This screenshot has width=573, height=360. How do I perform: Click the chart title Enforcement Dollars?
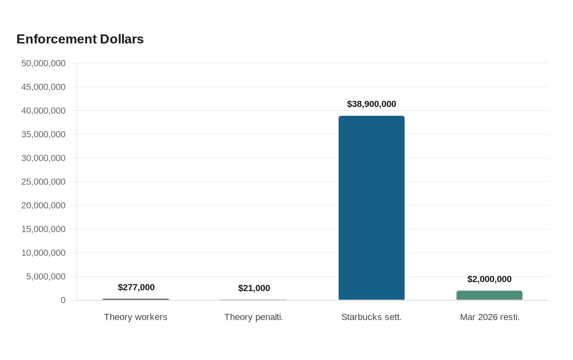click(x=80, y=39)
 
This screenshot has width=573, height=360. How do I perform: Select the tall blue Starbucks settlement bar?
click(x=372, y=208)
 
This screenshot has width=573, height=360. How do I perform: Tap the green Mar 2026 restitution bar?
click(x=490, y=295)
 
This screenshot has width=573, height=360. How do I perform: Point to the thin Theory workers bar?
click(x=136, y=299)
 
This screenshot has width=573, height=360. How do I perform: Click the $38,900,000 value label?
click(x=372, y=104)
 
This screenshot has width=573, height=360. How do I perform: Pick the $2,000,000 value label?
click(x=490, y=279)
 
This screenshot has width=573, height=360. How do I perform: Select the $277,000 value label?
click(x=136, y=287)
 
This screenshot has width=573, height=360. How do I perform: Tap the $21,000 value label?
click(x=254, y=288)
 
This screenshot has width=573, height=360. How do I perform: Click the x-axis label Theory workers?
click(x=135, y=317)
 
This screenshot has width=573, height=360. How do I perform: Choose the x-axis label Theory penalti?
click(x=254, y=317)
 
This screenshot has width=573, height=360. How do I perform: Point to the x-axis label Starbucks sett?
click(x=372, y=317)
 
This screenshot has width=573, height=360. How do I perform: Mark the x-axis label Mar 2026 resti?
click(x=490, y=317)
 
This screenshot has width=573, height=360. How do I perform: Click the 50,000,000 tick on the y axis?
click(x=43, y=63)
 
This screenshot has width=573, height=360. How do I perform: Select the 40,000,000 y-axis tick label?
click(x=43, y=111)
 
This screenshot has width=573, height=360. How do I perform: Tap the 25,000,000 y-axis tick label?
click(x=43, y=182)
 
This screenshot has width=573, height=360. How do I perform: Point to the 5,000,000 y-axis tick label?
click(x=46, y=277)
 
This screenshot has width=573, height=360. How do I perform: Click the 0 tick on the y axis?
click(x=63, y=300)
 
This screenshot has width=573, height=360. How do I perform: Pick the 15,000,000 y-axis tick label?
click(x=43, y=229)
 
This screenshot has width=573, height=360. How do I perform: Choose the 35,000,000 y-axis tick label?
click(x=43, y=134)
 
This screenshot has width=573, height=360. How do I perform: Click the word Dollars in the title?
click(x=122, y=39)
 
